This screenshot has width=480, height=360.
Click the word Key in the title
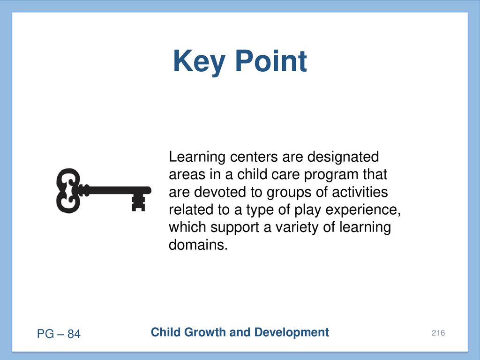click(x=199, y=62)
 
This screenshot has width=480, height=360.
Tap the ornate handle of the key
click(x=68, y=190)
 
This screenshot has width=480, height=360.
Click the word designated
click(x=343, y=157)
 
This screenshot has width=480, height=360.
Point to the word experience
click(x=363, y=210)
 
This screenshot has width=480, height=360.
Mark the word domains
click(x=198, y=245)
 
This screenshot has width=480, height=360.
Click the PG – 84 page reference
click(x=59, y=334)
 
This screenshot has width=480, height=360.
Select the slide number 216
click(x=438, y=333)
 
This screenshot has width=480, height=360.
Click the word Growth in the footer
click(x=205, y=332)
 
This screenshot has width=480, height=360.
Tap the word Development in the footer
click(x=292, y=332)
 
